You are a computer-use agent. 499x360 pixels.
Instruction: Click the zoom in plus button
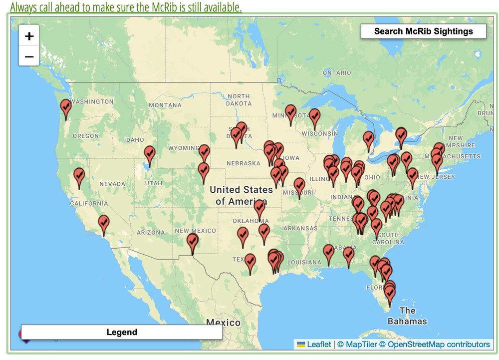click(x=29, y=36)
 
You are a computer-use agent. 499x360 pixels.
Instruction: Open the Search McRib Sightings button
click(x=423, y=31)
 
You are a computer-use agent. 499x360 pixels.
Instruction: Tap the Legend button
click(x=122, y=332)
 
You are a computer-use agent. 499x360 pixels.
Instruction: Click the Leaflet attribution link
click(x=318, y=344)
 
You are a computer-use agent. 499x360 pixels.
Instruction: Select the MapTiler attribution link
click(x=358, y=344)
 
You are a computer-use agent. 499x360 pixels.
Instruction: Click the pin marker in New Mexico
click(x=192, y=243)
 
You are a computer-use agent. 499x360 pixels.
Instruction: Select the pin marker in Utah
click(x=149, y=155)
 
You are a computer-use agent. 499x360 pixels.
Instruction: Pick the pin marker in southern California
click(x=103, y=224)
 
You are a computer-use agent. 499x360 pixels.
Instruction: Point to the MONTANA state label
click(x=165, y=105)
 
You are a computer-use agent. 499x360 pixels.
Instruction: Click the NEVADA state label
click(x=112, y=184)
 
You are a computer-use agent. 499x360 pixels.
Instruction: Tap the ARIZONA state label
click(x=150, y=232)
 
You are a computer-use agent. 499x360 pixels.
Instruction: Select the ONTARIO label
click(x=337, y=73)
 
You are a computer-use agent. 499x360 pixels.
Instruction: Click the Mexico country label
click(x=223, y=322)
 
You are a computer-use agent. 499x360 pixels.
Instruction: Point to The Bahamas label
click(x=407, y=316)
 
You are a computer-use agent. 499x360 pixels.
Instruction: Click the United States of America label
click(x=241, y=195)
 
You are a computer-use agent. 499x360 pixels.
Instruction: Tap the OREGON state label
click(x=86, y=136)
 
